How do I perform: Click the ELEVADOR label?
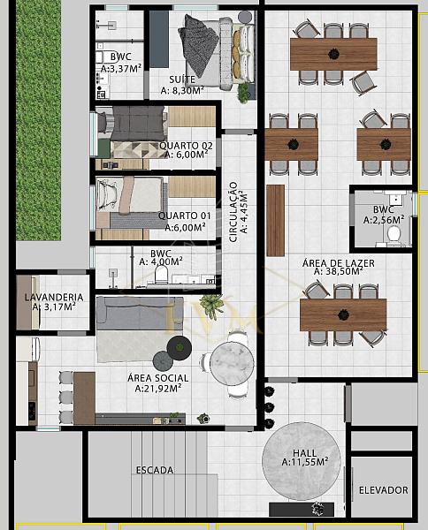383,490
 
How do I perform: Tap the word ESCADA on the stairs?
155,470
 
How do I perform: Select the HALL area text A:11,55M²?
305,462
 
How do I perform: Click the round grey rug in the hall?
302,461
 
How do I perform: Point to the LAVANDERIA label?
54,297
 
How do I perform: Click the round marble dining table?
232,363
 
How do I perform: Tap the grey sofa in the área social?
140,314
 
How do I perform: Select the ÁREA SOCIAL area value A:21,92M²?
158,389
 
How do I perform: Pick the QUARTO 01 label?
185,216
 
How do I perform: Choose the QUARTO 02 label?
186,146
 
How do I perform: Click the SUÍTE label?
182,79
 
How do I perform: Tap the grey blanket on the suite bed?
199,44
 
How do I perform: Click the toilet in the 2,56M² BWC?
394,234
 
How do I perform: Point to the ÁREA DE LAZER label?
339,263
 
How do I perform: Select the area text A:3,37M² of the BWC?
121,69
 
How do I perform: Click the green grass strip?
39,120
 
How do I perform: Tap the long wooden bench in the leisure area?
275,220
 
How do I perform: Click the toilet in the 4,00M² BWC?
161,274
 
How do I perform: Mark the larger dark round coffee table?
180,347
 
